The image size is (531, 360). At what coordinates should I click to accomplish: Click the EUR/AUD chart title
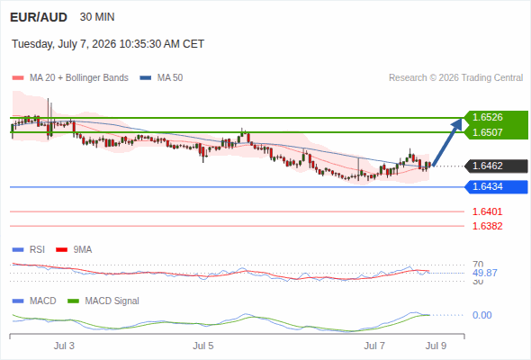point(39,17)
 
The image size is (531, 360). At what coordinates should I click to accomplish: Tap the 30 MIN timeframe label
point(97,17)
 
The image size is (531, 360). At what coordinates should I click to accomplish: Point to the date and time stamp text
point(108,44)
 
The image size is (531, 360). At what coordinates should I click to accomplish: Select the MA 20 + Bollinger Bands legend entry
point(70,78)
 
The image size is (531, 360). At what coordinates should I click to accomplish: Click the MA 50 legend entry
point(161,78)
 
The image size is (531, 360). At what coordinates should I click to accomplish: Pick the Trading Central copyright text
point(455,78)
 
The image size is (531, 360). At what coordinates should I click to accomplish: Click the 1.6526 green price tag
point(496,117)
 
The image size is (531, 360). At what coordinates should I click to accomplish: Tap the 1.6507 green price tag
point(496,132)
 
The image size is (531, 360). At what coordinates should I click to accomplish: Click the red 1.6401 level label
point(487,211)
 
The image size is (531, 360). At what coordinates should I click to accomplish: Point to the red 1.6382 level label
point(487,226)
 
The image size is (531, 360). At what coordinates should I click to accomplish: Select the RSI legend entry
point(29,249)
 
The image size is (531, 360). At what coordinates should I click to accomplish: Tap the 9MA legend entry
point(74,249)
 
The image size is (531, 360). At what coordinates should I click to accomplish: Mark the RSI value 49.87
point(485,273)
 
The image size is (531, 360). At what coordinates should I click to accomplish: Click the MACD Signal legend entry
point(103,301)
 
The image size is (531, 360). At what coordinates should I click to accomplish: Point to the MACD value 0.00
point(482,315)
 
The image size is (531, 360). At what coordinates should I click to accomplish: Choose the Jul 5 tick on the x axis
point(203,346)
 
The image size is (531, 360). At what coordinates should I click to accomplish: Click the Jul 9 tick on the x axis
point(436,346)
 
